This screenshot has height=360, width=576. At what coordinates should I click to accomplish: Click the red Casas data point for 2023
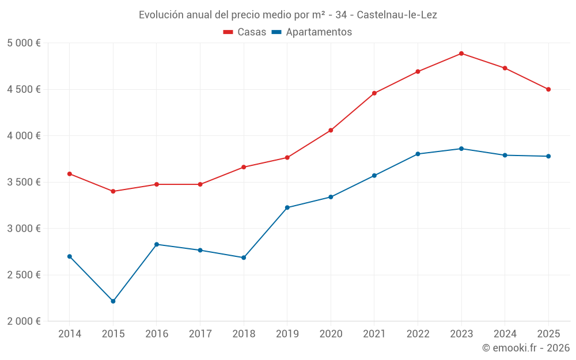pos(461,54)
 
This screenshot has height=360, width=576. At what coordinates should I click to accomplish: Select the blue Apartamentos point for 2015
pos(113,301)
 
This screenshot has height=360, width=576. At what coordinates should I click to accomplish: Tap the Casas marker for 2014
pos(70,174)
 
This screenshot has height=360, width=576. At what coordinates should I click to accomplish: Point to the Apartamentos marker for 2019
pos(287,207)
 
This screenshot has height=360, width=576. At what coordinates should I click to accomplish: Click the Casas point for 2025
pos(548,89)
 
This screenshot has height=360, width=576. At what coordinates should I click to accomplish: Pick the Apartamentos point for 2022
pos(418,154)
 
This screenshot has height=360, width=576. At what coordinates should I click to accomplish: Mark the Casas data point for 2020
pos(331,130)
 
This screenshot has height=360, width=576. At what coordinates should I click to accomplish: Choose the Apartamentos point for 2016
pos(157,244)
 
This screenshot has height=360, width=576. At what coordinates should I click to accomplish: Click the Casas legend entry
pos(245,32)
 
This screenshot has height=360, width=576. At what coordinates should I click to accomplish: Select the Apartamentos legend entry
pos(312,32)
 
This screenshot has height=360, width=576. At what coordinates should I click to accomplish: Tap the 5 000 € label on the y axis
pos(24,43)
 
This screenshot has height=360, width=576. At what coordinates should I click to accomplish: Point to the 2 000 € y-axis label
pos(24,321)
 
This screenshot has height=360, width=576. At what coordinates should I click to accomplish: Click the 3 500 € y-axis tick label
pos(24,182)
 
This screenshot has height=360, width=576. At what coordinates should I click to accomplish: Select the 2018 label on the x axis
pos(244,334)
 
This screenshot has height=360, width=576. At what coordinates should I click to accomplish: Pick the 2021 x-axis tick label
pos(374,334)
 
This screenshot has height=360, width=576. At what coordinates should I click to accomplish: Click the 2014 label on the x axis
pos(70,334)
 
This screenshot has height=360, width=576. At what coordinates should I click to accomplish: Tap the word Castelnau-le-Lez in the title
pos(397,15)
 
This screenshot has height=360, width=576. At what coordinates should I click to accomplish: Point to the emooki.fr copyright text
pos(526,348)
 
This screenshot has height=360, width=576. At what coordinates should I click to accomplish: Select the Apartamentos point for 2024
pos(505,155)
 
